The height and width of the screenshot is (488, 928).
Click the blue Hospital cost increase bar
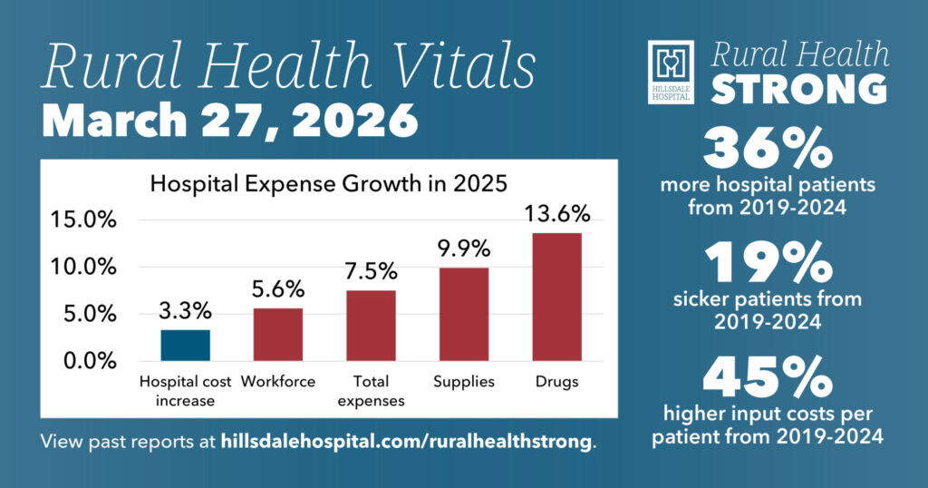(x=186, y=346)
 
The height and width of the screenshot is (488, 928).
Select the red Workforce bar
(x=277, y=335)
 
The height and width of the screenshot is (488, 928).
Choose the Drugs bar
(x=556, y=298)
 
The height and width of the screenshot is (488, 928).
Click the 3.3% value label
(x=185, y=312)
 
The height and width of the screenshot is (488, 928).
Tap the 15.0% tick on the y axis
(x=83, y=220)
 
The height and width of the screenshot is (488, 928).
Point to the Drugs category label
(x=556, y=382)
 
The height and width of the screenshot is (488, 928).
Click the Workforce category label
(x=278, y=382)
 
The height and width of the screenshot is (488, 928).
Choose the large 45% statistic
(x=767, y=377)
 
